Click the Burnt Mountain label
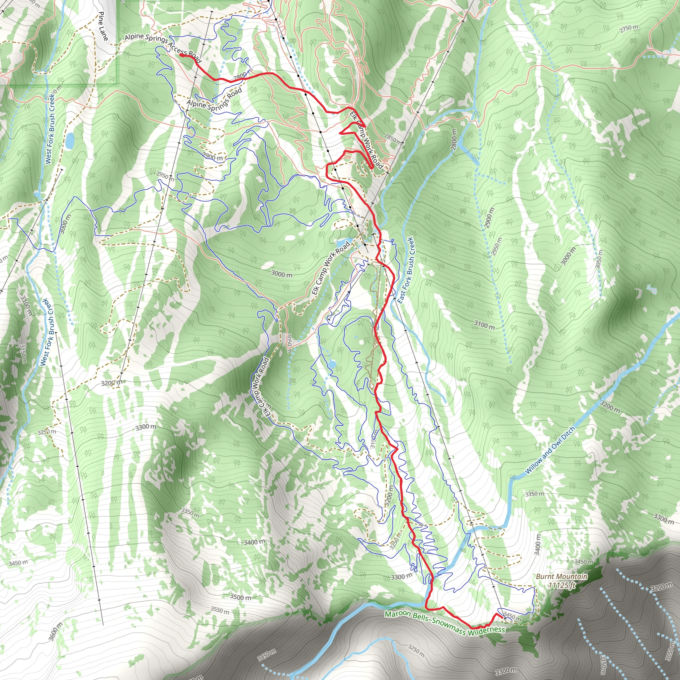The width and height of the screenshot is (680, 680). (561, 576)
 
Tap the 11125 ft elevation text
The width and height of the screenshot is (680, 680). (562, 585)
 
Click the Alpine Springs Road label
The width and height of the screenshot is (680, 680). (214, 99)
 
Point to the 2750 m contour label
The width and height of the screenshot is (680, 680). (629, 29)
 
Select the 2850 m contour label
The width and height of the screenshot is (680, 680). (392, 138)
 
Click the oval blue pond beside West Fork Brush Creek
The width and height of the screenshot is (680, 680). (70, 140)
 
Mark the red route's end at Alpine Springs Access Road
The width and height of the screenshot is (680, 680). (181, 55)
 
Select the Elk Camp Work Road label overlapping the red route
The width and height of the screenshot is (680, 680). (366, 140)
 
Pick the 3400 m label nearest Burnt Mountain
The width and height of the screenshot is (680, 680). (537, 545)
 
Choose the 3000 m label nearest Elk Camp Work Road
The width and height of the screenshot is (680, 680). (282, 274)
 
